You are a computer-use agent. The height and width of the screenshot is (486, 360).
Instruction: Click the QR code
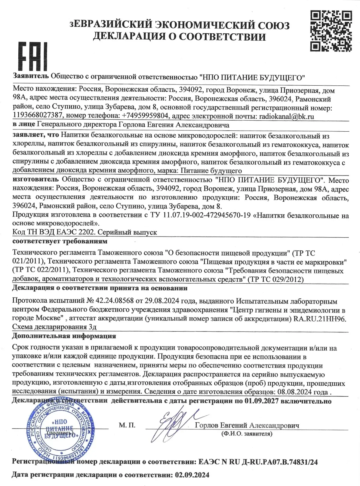pyautogui.click(x=331, y=31)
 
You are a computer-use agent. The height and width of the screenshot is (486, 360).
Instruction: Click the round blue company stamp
pyautogui.click(x=60, y=431)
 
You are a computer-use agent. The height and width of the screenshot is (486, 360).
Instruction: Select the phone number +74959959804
pyautogui.click(x=145, y=116)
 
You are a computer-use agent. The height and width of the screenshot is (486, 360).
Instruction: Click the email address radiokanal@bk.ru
pyautogui.click(x=286, y=116)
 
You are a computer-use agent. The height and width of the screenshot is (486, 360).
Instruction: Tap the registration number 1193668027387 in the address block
pyautogui.click(x=38, y=116)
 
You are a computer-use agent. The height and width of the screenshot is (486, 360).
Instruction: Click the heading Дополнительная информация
pyautogui.click(x=64, y=336)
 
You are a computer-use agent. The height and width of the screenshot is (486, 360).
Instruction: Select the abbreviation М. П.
pyautogui.click(x=127, y=425)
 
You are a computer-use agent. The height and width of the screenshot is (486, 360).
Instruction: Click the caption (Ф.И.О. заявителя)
pyautogui.click(x=246, y=434)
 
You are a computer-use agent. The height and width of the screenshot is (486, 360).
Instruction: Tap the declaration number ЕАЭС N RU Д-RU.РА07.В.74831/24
pyautogui.click(x=256, y=462)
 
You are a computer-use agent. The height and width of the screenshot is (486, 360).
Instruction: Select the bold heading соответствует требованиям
pyautogui.click(x=60, y=241)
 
